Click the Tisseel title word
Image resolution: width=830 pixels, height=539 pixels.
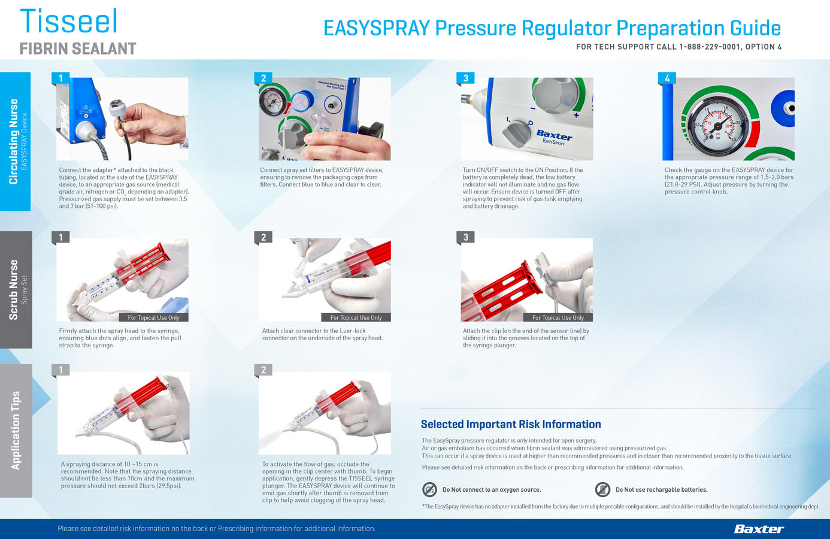[69, 21]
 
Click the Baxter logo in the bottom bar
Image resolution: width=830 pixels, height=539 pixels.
[759, 529]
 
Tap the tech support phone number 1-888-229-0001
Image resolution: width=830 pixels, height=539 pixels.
[709, 47]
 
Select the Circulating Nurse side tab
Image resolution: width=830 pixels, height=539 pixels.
[15, 141]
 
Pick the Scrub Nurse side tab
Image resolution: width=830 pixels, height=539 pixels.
[16, 290]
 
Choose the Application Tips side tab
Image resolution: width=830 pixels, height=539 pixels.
[16, 431]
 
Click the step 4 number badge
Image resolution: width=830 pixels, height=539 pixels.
[667, 78]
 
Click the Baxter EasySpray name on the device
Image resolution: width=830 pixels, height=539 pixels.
[553, 137]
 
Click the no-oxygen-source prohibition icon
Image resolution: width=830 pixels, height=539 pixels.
[429, 490]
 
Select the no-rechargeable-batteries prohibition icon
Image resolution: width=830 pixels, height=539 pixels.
[602, 490]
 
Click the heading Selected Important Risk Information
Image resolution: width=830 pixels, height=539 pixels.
[511, 425]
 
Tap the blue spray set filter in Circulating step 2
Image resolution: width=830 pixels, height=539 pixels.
[302, 101]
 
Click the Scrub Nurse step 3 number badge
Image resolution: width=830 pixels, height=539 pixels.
[466, 237]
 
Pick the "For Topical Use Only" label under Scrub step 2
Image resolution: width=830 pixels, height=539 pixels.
[356, 317]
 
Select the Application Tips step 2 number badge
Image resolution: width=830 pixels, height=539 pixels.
[263, 370]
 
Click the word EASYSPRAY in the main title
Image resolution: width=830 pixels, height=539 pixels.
[377, 28]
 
